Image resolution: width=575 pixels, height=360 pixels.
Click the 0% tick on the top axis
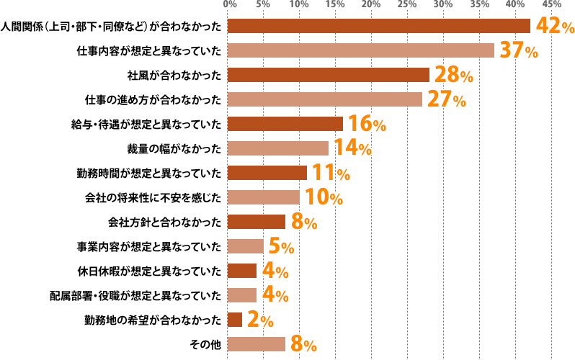pyautogui.click(x=231, y=5)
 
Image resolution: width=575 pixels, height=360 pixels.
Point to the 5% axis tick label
pyautogui.click(x=264, y=5)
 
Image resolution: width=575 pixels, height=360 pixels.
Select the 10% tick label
pyautogui.click(x=299, y=5)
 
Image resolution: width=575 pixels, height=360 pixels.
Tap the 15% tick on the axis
pyautogui.click(x=335, y=5)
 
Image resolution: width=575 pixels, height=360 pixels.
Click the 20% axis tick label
pyautogui.click(x=371, y=5)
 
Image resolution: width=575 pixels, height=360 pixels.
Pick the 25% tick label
pyautogui.click(x=407, y=5)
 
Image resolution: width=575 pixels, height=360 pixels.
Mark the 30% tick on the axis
pyautogui.click(x=443, y=5)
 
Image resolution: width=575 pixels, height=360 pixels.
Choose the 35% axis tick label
pyautogui.click(x=480, y=5)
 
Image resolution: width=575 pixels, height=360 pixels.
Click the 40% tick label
pyautogui.click(x=516, y=5)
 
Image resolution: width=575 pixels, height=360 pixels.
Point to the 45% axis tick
pyautogui.click(x=552, y=5)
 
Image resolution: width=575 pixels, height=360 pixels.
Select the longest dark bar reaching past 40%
pyautogui.click(x=378, y=26)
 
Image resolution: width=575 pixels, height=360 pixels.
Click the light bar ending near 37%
pyautogui.click(x=360, y=50)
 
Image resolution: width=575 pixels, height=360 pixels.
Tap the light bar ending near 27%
pyautogui.click(x=324, y=99)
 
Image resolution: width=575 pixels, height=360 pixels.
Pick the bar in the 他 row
pyautogui.click(x=256, y=344)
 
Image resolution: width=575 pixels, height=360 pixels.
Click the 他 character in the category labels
pyautogui.click(x=215, y=344)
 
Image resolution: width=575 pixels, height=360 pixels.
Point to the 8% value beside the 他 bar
pyautogui.click(x=303, y=343)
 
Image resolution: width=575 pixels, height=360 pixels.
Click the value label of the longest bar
pyautogui.click(x=553, y=26)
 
